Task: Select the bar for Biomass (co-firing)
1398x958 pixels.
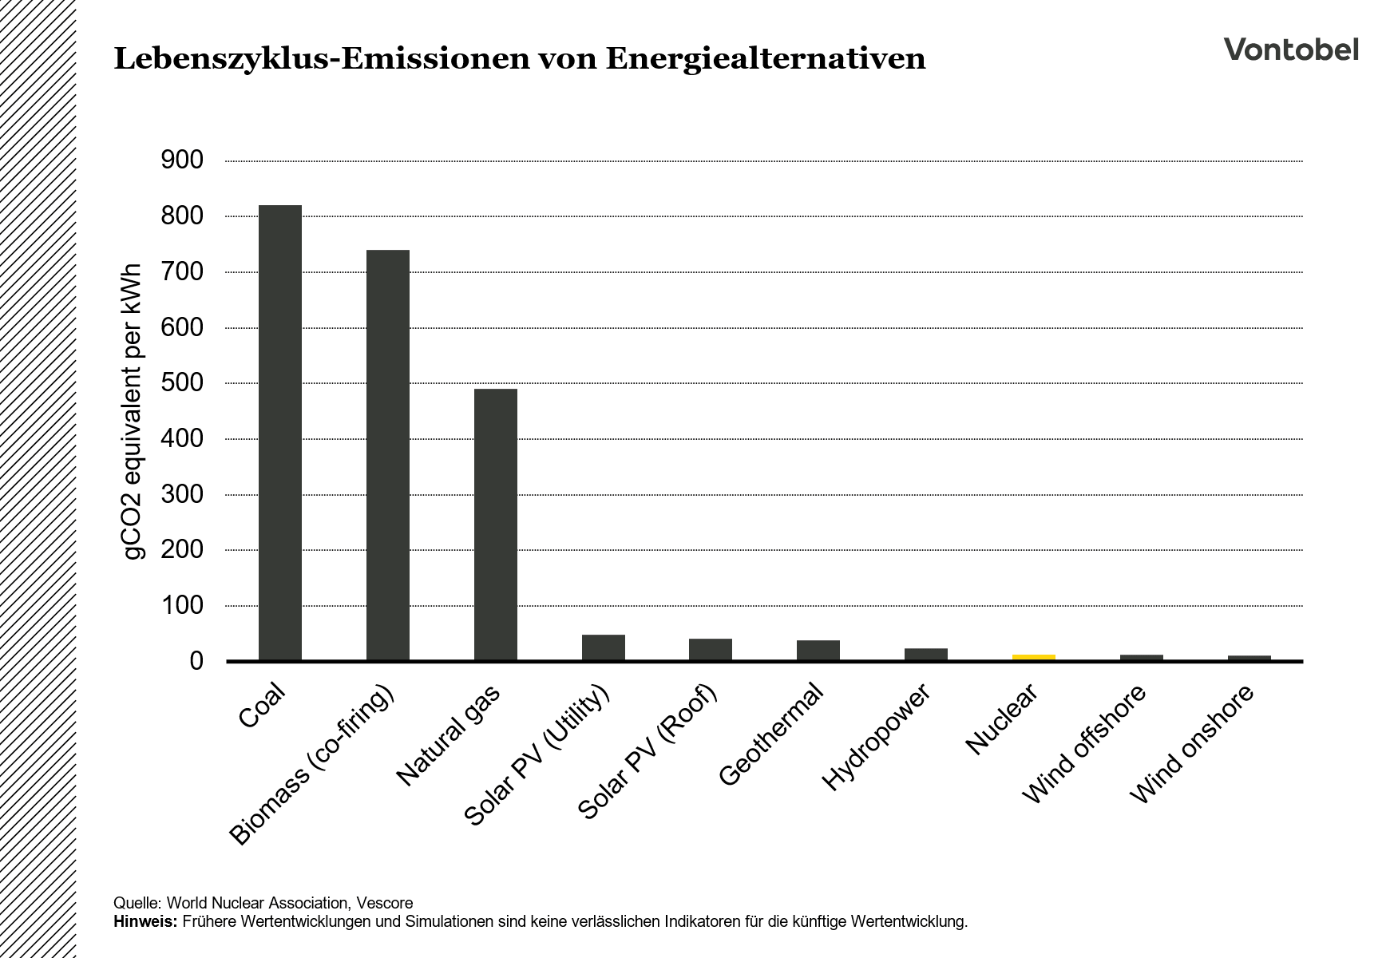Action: [x=388, y=455]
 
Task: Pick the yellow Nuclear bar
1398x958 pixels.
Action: [x=1034, y=657]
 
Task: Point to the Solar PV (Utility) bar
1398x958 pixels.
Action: [x=604, y=647]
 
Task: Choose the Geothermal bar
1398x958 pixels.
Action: [x=818, y=650]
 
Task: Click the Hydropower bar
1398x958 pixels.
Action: [x=926, y=654]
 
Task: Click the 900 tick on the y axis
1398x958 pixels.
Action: [x=182, y=160]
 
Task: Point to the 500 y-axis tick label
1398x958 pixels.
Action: [x=182, y=383]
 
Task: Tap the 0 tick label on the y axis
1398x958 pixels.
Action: [x=196, y=661]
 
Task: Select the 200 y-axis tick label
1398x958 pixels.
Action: [x=182, y=550]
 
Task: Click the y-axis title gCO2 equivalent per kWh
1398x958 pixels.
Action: [x=133, y=411]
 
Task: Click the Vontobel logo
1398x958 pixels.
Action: [x=1291, y=49]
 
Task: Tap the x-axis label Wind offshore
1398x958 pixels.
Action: [x=1084, y=744]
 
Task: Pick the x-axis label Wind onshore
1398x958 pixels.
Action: [x=1193, y=744]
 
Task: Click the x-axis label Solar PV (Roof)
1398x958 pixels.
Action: [x=648, y=751]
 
